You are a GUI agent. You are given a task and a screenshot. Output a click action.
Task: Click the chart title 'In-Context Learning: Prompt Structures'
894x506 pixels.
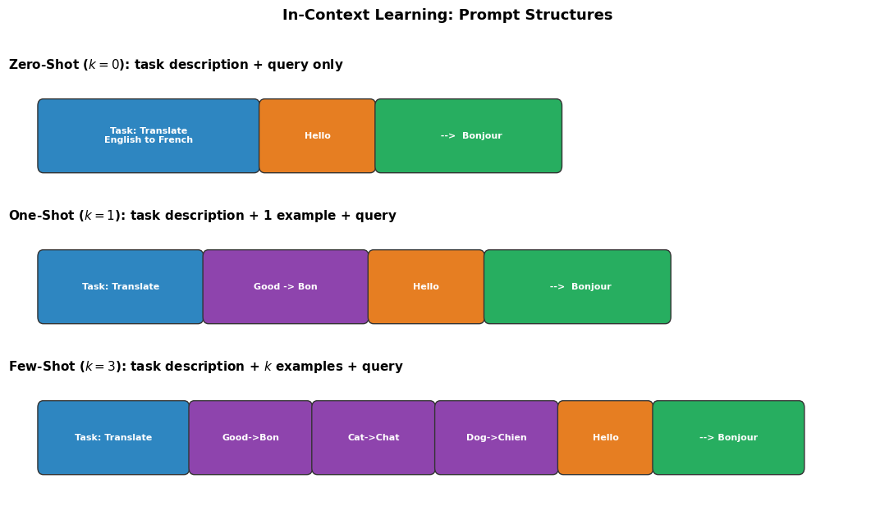447,16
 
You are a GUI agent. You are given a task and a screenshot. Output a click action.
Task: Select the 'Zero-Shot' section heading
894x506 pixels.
176,65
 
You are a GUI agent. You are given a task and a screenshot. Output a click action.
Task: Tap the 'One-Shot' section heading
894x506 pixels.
202,216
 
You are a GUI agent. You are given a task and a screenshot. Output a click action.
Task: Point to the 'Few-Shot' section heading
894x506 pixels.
205,367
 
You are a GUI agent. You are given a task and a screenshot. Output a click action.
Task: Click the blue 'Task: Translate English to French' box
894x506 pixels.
149,136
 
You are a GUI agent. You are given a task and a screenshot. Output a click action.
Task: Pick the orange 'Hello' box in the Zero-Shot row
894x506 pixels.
318,136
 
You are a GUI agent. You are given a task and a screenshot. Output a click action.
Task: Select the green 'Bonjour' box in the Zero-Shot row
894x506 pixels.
469,136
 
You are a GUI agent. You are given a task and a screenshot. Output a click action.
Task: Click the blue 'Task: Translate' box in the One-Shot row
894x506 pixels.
121,287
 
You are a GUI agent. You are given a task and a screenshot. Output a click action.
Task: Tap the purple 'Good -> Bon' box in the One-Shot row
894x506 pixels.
286,287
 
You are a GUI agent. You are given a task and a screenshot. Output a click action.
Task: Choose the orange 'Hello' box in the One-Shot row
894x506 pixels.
426,287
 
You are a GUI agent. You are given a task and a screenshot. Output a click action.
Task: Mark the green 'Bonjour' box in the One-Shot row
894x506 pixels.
577,287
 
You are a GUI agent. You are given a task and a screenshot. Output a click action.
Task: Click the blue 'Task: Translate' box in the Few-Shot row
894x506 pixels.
113,438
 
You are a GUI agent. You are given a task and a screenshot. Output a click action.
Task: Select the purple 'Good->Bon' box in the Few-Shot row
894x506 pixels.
250,438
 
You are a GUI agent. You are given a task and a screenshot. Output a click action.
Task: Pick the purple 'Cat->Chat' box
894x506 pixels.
374,438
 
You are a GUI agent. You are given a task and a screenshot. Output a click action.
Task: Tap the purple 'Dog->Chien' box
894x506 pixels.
497,438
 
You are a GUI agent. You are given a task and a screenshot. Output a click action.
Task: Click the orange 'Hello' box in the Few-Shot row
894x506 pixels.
606,438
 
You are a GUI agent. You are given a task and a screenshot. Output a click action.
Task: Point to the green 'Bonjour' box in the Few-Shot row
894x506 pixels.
728,438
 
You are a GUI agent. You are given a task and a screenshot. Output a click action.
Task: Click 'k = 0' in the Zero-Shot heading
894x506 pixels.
103,65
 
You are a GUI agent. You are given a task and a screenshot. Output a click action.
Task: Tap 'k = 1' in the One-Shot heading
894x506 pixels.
99,216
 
